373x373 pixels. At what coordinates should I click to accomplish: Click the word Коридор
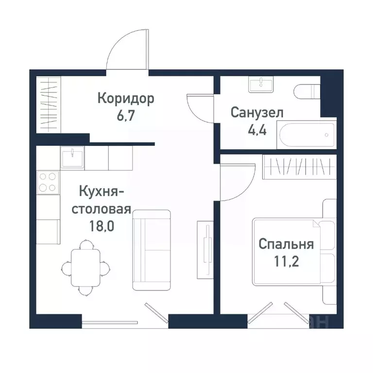[126, 98]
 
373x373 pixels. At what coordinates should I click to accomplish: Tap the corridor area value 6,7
[126, 117]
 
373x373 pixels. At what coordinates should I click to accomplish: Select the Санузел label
[257, 113]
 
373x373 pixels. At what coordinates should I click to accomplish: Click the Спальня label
[286, 243]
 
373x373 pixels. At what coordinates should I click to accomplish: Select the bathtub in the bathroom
[306, 134]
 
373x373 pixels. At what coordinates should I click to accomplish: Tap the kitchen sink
[72, 156]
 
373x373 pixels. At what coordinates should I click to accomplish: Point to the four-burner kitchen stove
[48, 183]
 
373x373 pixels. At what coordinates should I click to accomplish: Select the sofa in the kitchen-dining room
[152, 250]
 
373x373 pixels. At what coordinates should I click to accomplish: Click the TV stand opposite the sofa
[205, 250]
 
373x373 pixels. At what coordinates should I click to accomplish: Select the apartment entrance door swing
[127, 53]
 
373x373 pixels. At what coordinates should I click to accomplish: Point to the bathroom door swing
[199, 108]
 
